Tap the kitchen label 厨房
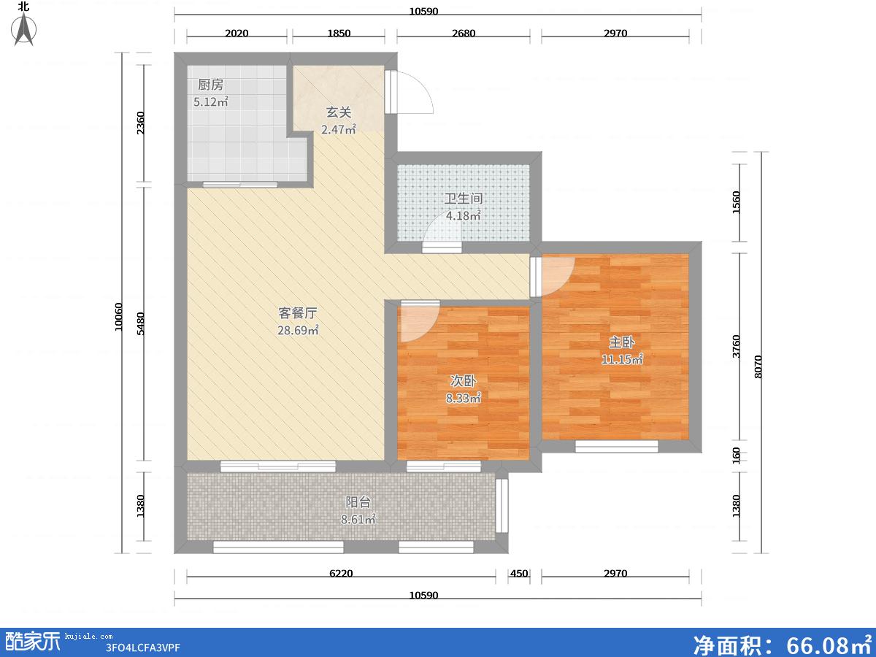click(211, 85)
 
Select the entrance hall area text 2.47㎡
click(339, 129)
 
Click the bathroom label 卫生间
click(464, 199)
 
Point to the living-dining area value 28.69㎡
click(298, 330)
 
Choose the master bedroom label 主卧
click(622, 342)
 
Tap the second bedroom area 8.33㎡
click(464, 398)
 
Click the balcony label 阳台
click(358, 502)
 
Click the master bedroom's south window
click(617, 446)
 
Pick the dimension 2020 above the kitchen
click(237, 33)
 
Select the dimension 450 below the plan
click(519, 574)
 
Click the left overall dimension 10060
click(118, 317)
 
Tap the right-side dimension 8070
click(758, 366)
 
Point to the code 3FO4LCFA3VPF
click(142, 648)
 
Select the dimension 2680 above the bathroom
click(464, 33)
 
